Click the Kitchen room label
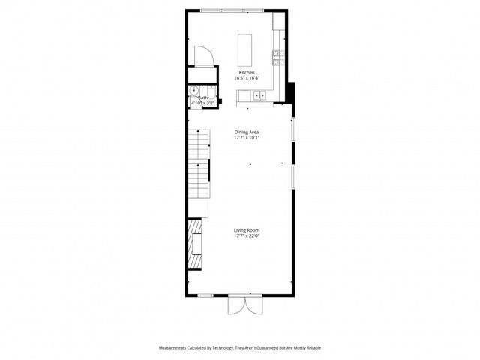pos(247,73)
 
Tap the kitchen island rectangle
pos(245,49)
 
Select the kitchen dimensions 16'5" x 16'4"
pos(247,78)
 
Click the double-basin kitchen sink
pos(259,95)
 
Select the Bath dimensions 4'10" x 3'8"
pos(202,103)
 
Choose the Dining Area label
pos(247,132)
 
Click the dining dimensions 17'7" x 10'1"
pos(247,137)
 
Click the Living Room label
pos(247,230)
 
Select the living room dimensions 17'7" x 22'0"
pos(247,235)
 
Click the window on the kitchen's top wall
pos(230,10)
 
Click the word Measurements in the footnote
pos(176,348)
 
